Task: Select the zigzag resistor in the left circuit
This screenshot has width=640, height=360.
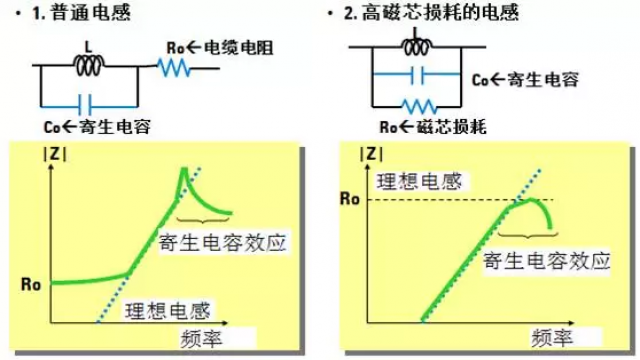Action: point(178,68)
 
